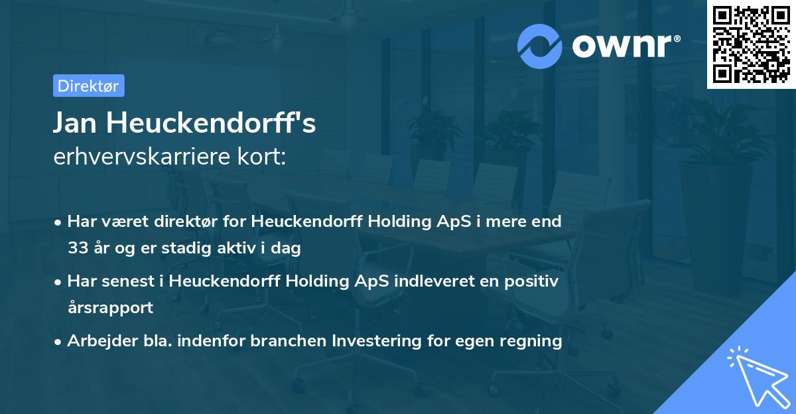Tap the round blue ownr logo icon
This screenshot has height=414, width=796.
(x=541, y=46)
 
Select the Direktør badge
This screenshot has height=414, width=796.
(x=88, y=86)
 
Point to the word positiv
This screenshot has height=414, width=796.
(x=535, y=281)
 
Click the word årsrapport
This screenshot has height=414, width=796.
(x=110, y=308)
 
